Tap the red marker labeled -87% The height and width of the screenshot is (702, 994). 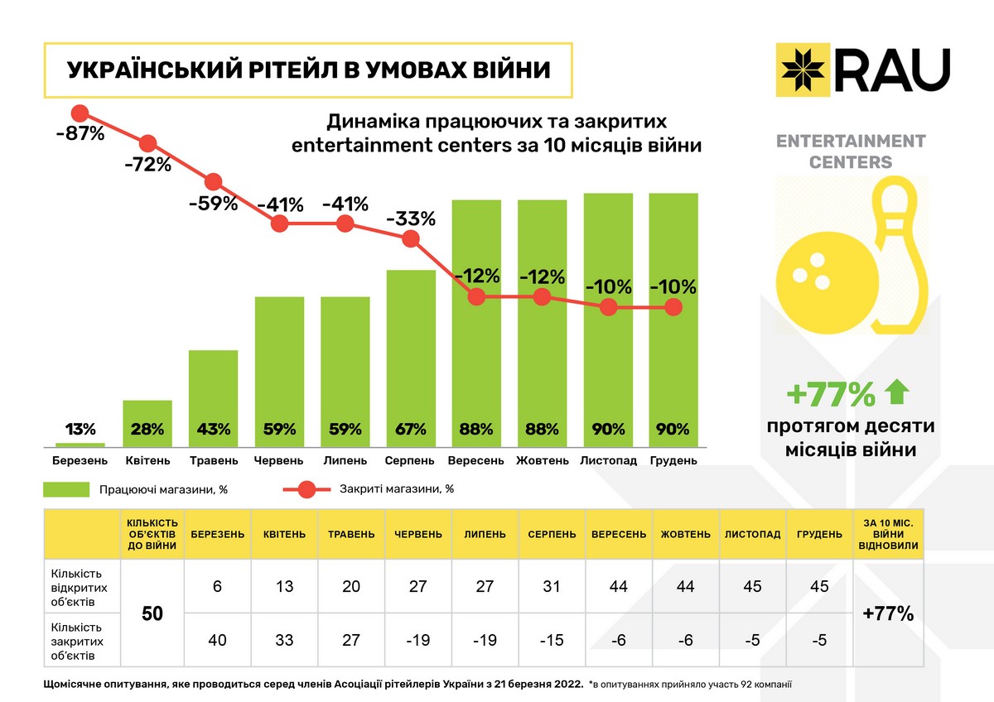(80, 113)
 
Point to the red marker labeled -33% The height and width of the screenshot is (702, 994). (411, 238)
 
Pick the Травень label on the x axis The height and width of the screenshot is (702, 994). (214, 460)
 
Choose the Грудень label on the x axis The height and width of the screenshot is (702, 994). (673, 460)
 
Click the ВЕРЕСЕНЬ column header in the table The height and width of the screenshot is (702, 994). (619, 534)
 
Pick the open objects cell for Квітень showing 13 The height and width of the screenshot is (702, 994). (284, 586)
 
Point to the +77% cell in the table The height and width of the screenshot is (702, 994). (887, 614)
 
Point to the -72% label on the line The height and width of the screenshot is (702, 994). (147, 164)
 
